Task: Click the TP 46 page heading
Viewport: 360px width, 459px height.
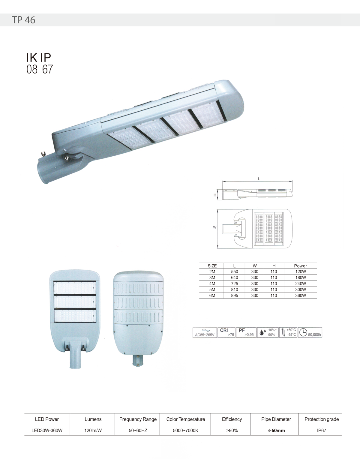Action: point(23,20)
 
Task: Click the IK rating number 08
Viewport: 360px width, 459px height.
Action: point(32,69)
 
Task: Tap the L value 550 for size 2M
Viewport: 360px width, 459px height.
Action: point(234,271)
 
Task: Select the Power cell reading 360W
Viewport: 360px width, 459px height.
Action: point(301,295)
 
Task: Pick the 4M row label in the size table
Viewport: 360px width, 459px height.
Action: point(212,283)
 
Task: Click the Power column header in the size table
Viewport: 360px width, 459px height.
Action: point(301,266)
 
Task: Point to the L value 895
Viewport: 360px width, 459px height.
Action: point(234,295)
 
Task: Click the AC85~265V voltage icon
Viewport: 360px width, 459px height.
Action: point(205,333)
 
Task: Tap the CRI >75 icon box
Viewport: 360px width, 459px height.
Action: point(226,333)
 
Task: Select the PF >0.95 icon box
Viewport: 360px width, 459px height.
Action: point(246,333)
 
